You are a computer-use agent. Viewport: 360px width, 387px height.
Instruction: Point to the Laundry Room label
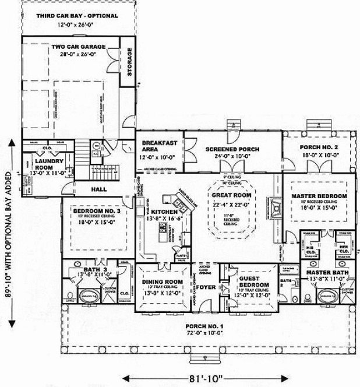tap(44, 161)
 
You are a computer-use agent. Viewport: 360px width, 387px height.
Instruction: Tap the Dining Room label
tap(163, 283)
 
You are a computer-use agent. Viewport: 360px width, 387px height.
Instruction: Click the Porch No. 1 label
tap(204, 326)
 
